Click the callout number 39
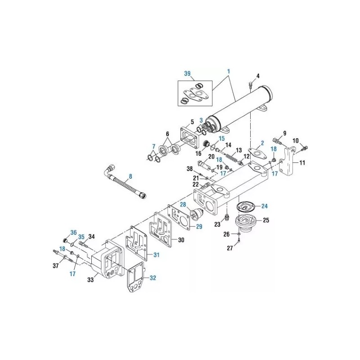click(x=187, y=73)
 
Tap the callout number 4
click(x=258, y=76)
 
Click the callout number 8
click(x=130, y=176)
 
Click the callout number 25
click(x=266, y=220)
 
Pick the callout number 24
click(x=265, y=206)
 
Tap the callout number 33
click(x=91, y=280)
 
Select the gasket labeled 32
click(x=136, y=277)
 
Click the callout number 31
click(x=156, y=255)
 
